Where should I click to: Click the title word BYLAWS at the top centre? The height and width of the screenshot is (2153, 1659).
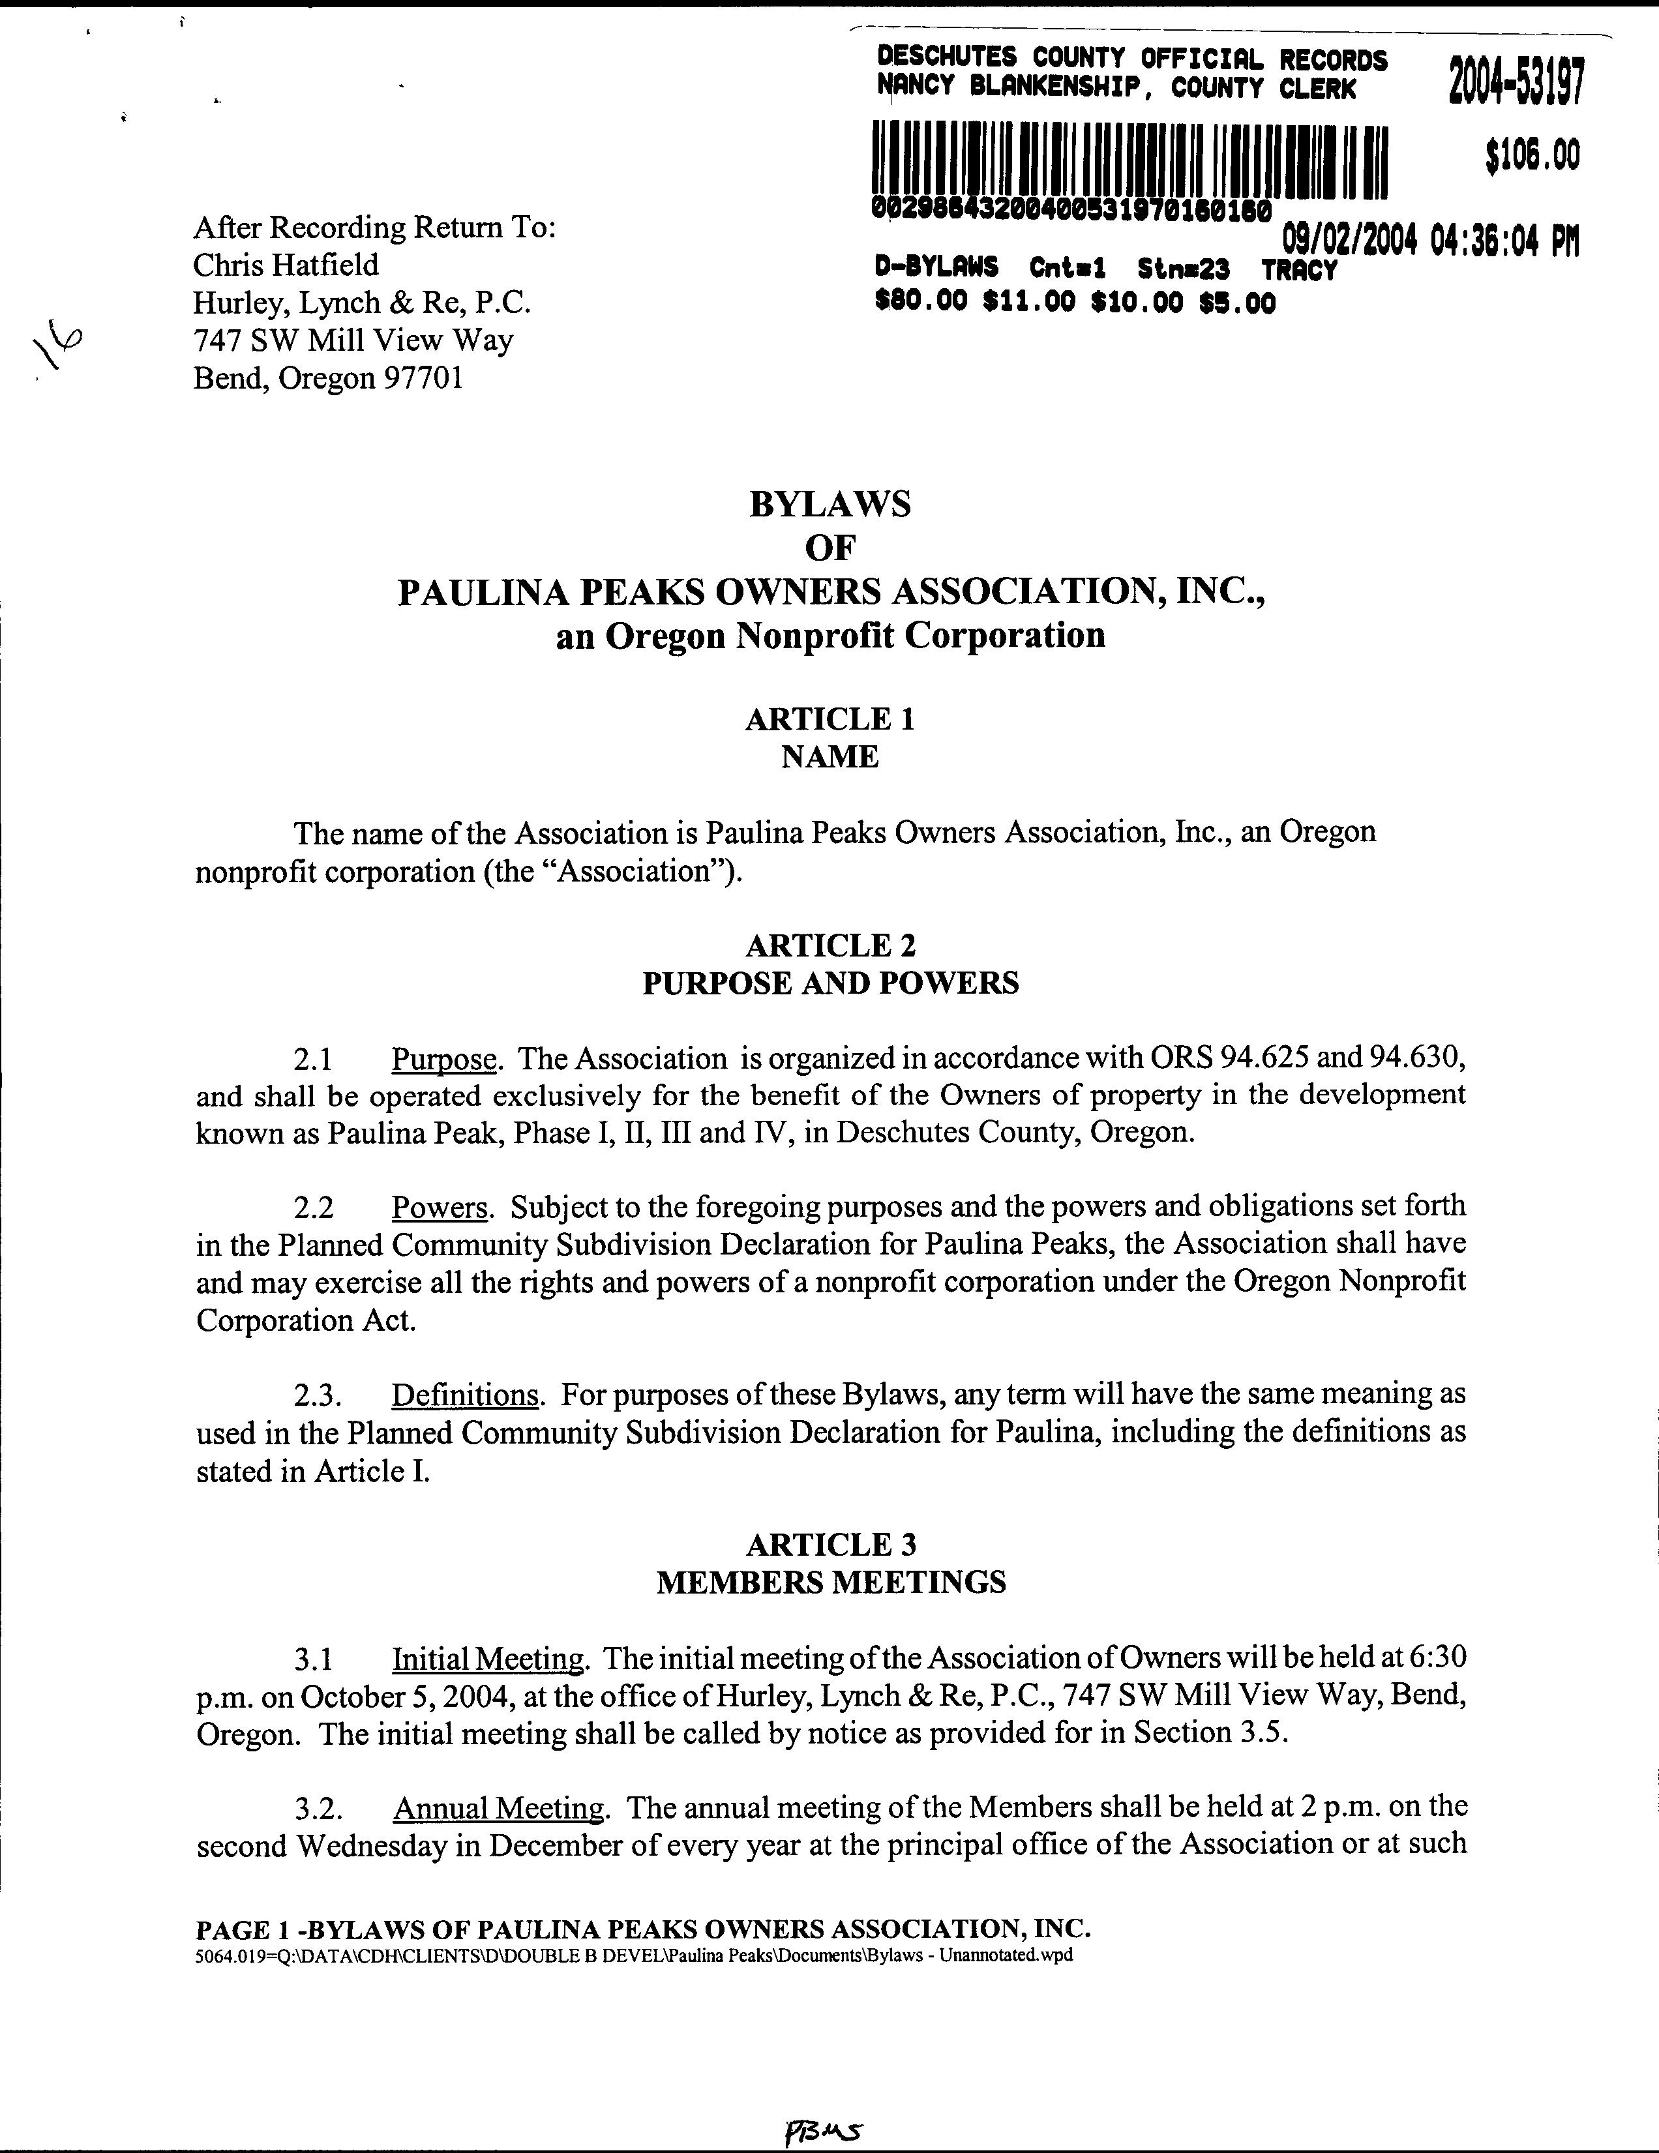tap(830, 505)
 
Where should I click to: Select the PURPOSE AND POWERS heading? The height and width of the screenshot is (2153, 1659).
tap(830, 983)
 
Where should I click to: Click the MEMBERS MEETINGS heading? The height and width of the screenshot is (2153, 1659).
tap(831, 1582)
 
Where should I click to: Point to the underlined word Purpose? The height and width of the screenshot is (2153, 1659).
tap(443, 1060)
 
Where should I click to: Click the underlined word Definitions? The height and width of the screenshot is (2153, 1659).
tap(465, 1395)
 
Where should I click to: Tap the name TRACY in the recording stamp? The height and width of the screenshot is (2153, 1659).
tap(1299, 269)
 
